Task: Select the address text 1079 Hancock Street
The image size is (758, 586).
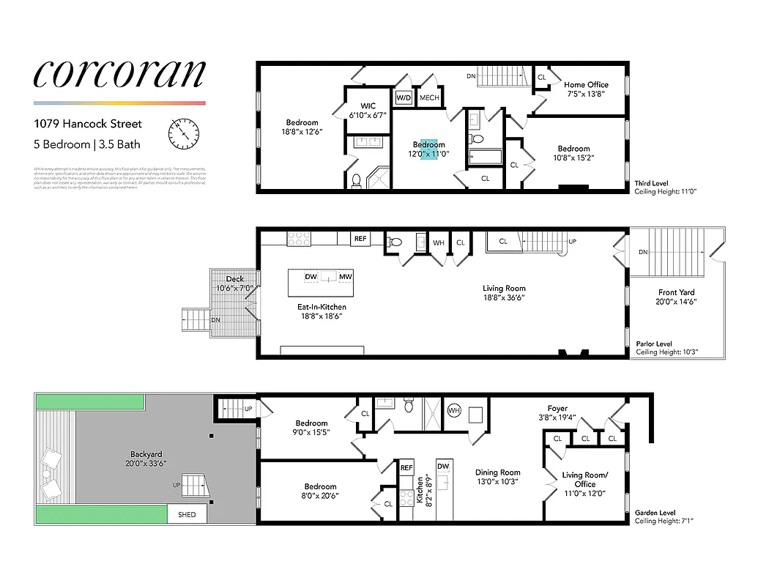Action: click(x=88, y=124)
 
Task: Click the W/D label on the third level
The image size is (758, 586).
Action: click(x=404, y=97)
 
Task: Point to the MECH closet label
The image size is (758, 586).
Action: click(x=429, y=97)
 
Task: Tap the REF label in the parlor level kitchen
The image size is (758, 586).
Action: click(x=360, y=239)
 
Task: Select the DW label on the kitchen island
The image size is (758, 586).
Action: click(x=311, y=276)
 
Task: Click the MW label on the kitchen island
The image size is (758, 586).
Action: click(x=345, y=276)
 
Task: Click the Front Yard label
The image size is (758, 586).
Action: click(x=675, y=297)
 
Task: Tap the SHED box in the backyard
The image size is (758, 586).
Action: click(x=187, y=515)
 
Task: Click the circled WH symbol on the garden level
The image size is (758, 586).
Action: click(x=453, y=411)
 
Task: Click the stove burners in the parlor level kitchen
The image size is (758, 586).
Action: click(x=299, y=238)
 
